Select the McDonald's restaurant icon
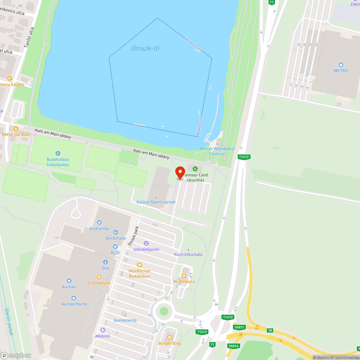pyautogui.click(x=184, y=276)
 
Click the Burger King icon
pyautogui.click(x=170, y=337)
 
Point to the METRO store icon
pyautogui.click(x=341, y=65)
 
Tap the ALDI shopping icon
pyautogui.click(x=115, y=247)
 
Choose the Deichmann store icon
pyautogui.click(x=116, y=233)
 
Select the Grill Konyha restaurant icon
pyautogui.click(x=99, y=277)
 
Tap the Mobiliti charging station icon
pyautogui.click(x=103, y=330)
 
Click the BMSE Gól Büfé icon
pyautogui.click(x=15, y=129)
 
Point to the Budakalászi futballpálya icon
pyautogui.click(x=58, y=154)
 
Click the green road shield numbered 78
pyautogui.click(x=270, y=330)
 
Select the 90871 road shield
pyautogui.click(x=239, y=327)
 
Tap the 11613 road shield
pyautogui.click(x=202, y=332)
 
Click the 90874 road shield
pyautogui.click(x=233, y=346)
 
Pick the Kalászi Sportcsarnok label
pyautogui.click(x=156, y=202)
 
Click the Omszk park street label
pyautogui.click(x=133, y=236)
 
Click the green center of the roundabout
pyautogui.click(x=164, y=311)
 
